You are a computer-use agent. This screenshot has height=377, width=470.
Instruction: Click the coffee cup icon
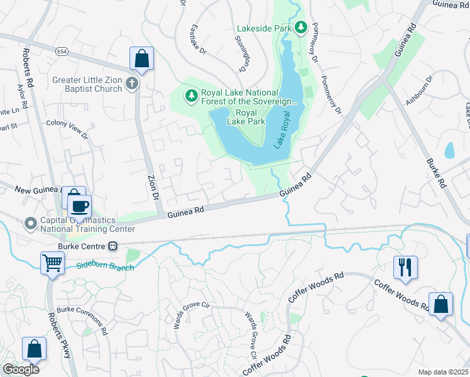pos(79,205)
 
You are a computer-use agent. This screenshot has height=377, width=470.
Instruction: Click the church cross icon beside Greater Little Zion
pos(131,84)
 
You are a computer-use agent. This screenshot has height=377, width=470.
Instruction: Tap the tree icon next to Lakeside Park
pos(301,28)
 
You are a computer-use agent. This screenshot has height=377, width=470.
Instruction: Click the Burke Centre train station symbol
pos(113,246)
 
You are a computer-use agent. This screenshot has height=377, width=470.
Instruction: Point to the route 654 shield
pos(61,51)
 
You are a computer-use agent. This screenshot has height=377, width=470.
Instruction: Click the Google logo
pos(21,369)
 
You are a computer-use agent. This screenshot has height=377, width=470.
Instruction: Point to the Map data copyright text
pos(443,372)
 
